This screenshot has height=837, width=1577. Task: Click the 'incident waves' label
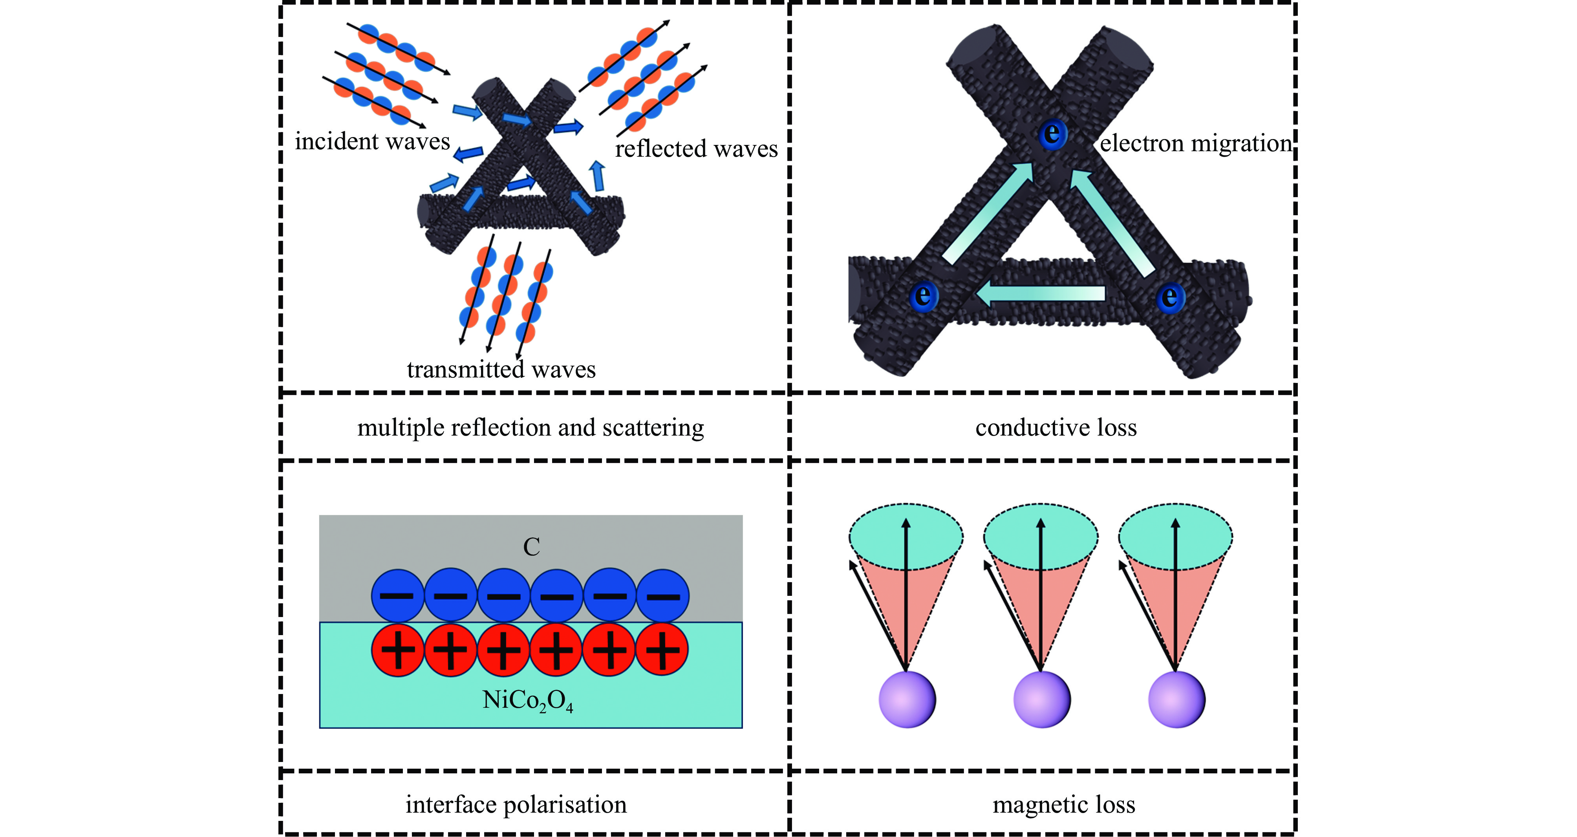pyautogui.click(x=372, y=141)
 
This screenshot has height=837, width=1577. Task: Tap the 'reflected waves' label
pyautogui.click(x=696, y=149)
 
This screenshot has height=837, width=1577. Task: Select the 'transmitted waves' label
pyautogui.click(x=501, y=369)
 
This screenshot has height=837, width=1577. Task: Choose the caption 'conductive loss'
pyautogui.click(x=1056, y=427)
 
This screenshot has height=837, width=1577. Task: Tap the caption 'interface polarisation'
pyautogui.click(x=516, y=804)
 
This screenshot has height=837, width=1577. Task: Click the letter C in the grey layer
pyautogui.click(x=531, y=547)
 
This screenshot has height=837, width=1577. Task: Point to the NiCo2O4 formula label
pyautogui.click(x=528, y=700)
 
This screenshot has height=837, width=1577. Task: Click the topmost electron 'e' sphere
pyautogui.click(x=1052, y=134)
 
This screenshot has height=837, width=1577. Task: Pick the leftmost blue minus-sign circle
pyautogui.click(x=397, y=595)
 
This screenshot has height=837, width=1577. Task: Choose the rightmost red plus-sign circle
pyautogui.click(x=662, y=650)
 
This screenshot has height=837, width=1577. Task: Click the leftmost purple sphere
pyautogui.click(x=907, y=699)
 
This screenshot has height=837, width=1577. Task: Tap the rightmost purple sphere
pyautogui.click(x=1176, y=699)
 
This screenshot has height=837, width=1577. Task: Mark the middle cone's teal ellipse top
pyautogui.click(x=1041, y=537)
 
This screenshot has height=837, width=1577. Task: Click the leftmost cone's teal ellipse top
pyautogui.click(x=906, y=537)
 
